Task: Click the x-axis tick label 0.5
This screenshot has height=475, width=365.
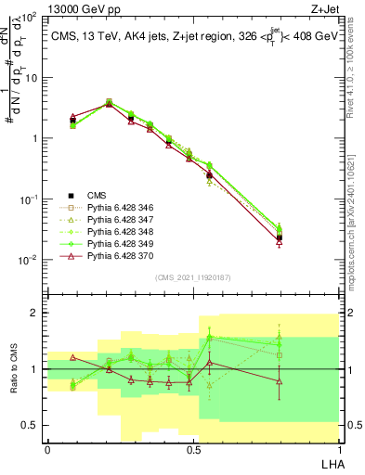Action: [192, 448]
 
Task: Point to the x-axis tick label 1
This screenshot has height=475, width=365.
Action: [338, 448]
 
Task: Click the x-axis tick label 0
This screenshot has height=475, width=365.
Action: [47, 448]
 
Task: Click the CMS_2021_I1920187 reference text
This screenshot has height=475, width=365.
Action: [193, 277]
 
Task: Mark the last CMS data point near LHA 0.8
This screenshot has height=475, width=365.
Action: [280, 238]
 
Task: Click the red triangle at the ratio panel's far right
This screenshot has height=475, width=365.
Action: [280, 379]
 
